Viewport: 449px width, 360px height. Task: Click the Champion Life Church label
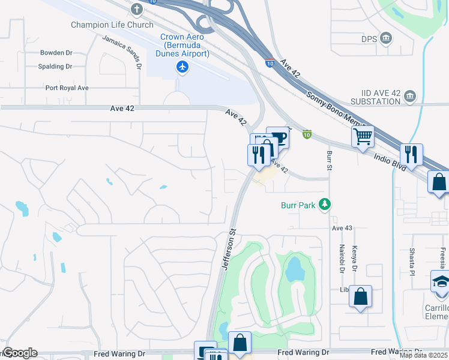click(x=112, y=25)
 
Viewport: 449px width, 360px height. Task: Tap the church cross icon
click(x=137, y=10)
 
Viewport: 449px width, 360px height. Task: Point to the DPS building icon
click(x=386, y=39)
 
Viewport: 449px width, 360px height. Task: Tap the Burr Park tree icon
click(x=325, y=205)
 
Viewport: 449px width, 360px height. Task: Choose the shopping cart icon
click(x=363, y=137)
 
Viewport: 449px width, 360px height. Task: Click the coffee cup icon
click(x=277, y=137)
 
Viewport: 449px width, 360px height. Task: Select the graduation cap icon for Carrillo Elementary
click(x=441, y=281)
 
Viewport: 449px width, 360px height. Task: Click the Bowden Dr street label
click(x=56, y=53)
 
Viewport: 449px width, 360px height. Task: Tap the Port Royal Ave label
click(x=67, y=88)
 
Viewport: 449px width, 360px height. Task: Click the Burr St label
click(x=329, y=160)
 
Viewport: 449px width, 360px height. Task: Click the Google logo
click(x=20, y=353)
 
